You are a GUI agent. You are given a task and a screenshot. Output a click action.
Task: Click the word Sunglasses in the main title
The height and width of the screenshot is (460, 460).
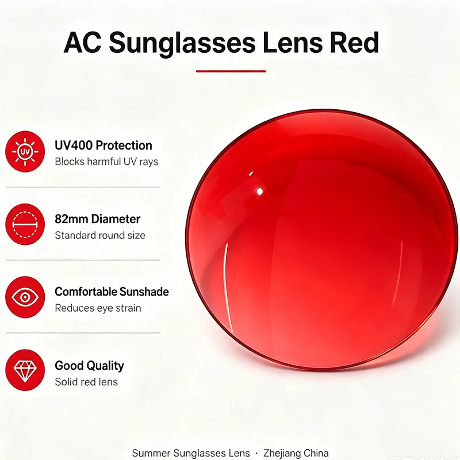[182, 44]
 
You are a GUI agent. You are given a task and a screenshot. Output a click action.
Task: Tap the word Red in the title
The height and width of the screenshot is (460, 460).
[354, 43]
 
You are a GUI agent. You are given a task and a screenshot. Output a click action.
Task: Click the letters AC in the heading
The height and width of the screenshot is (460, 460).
[83, 43]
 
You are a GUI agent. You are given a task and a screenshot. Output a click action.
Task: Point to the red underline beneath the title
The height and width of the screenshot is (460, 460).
[231, 71]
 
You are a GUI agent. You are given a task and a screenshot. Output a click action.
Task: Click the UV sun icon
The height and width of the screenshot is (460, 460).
[25, 151]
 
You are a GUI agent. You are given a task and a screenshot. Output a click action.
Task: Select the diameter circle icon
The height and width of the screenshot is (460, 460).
[25, 224]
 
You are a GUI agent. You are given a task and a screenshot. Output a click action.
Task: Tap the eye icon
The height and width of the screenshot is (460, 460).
[25, 297]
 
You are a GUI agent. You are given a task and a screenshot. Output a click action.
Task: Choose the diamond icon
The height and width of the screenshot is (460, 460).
[25, 370]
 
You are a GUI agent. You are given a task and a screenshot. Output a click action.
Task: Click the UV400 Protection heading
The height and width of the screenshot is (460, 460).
[103, 145]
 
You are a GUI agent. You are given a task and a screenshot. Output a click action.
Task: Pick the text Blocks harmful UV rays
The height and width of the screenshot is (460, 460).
[106, 162]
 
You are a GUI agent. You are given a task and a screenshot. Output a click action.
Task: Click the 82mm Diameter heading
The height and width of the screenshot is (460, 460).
[97, 219]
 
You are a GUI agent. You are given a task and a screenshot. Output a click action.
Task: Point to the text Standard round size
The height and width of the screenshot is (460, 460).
[100, 235]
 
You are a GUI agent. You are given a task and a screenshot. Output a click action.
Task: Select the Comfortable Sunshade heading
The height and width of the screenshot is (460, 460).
[112, 292]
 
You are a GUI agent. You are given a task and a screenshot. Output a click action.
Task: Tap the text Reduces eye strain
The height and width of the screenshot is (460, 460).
[98, 308]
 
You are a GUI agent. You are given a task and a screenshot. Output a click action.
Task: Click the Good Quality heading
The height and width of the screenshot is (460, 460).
[89, 366]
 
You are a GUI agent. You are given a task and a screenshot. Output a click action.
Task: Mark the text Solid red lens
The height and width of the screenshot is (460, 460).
[86, 382]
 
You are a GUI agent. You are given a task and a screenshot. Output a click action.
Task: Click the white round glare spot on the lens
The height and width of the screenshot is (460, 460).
[259, 192]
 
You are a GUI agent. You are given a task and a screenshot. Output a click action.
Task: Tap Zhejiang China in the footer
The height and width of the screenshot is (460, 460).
[296, 453]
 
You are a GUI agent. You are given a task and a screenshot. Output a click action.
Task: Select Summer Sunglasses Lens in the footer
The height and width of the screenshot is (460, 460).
[191, 453]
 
